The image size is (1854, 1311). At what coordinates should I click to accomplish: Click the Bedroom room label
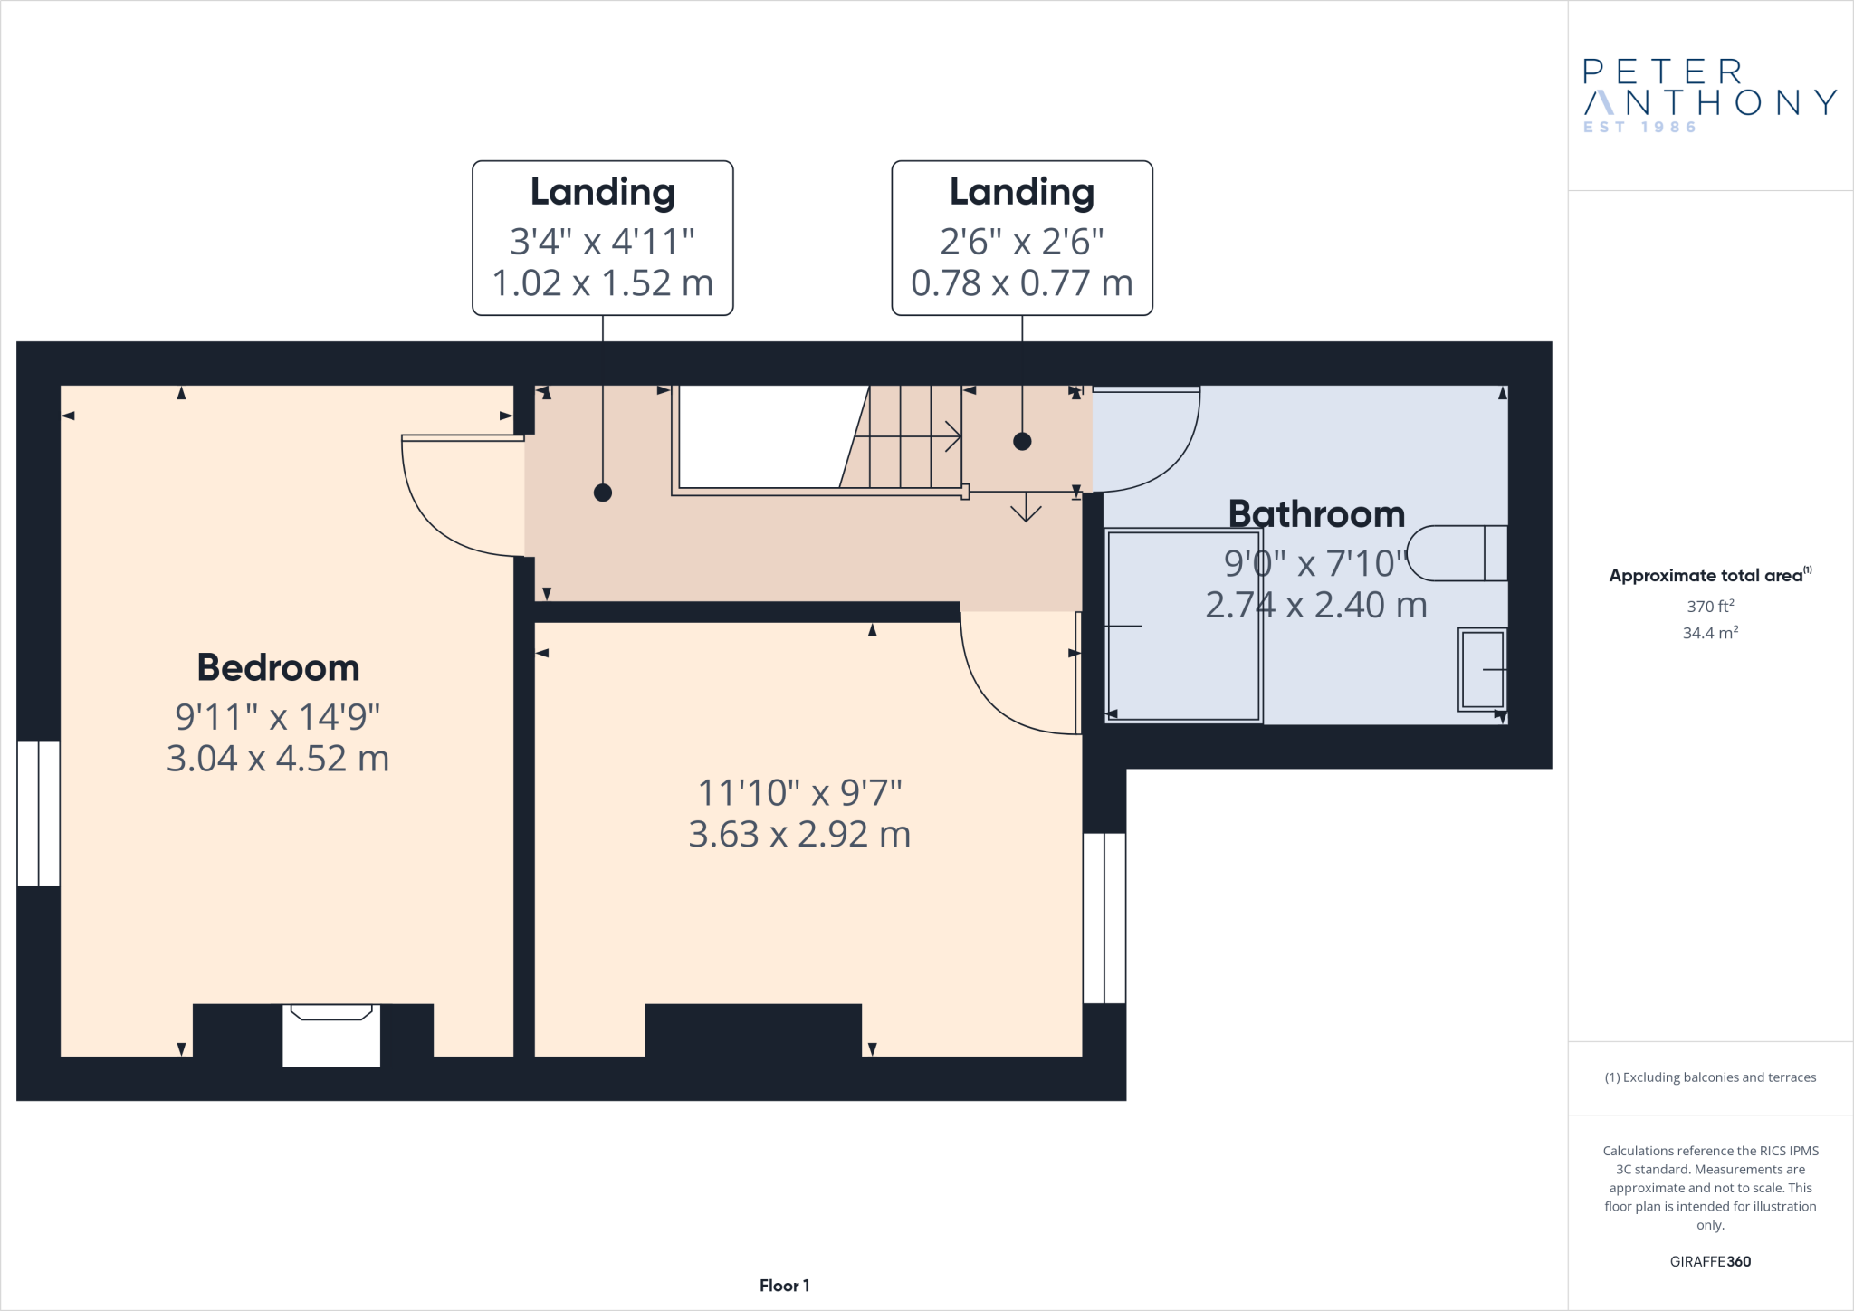(278, 668)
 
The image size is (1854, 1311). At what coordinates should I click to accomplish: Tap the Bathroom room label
(1316, 514)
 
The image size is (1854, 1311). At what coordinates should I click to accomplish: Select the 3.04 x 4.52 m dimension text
(278, 759)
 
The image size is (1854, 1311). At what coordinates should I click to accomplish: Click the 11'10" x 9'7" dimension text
(799, 793)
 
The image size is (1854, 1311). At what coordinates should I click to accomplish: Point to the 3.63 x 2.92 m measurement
(799, 835)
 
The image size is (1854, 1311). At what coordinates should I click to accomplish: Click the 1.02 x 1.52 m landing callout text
(603, 283)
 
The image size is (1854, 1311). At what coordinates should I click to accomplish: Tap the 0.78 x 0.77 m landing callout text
(1022, 283)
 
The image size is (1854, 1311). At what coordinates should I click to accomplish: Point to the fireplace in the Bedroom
(330, 1035)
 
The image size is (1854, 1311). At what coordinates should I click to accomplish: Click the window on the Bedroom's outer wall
(39, 813)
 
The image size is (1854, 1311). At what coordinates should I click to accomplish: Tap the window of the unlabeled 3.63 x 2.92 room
(1104, 917)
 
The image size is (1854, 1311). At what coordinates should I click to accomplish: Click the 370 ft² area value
(1710, 607)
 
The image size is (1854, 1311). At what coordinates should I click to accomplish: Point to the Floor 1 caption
(785, 1286)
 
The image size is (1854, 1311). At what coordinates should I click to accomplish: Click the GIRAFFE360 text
(1710, 1261)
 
